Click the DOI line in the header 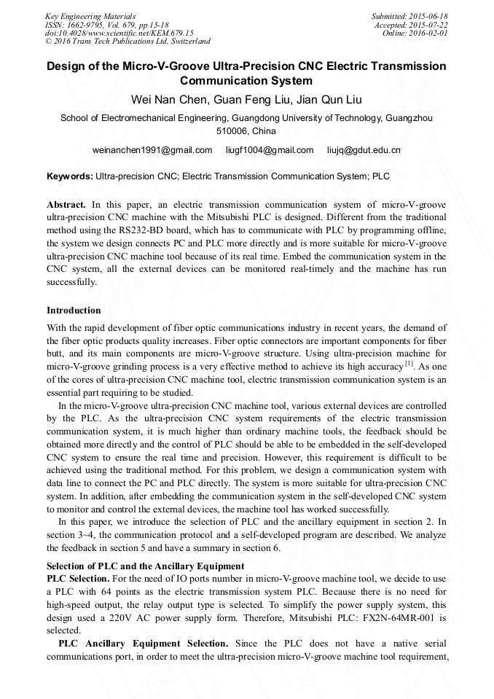(119, 34)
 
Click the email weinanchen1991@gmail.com (152, 150)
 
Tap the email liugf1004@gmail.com (269, 150)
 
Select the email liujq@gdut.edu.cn (364, 150)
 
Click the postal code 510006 (232, 131)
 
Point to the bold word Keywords (69, 176)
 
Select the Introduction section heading (74, 311)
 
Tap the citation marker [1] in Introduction (409, 364)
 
